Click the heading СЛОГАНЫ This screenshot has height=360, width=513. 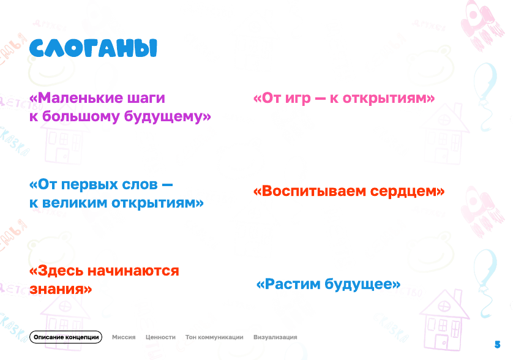pos(93,49)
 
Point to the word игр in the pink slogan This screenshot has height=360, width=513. pos(299,99)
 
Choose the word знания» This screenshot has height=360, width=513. pos(61,288)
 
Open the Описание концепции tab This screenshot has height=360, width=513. pos(66,337)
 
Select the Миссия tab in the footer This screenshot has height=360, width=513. pos(124,337)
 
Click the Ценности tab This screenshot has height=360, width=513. pos(160,337)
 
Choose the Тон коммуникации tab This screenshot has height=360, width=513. pos(214,337)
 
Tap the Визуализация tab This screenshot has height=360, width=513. pos(275,337)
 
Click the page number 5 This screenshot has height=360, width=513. pos(497,344)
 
